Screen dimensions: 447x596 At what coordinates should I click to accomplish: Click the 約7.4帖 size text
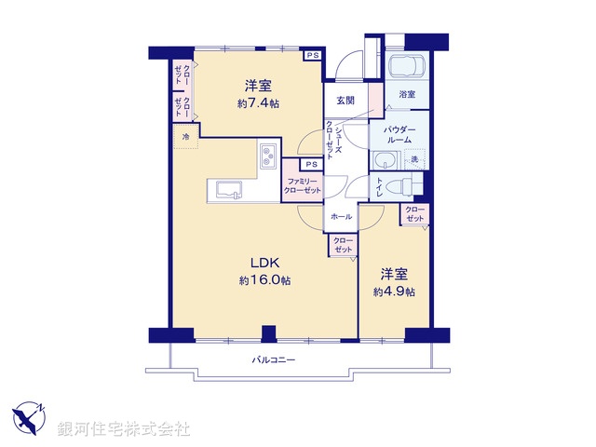(258, 103)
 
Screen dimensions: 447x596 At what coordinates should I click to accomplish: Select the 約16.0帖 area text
(264, 279)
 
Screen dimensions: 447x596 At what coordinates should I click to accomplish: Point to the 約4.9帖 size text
(394, 291)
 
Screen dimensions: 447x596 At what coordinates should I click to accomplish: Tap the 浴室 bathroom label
(407, 95)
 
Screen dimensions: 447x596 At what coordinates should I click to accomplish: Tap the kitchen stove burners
(267, 154)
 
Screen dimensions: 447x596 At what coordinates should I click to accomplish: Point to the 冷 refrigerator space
(185, 138)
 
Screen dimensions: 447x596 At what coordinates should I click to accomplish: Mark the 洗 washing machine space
(414, 160)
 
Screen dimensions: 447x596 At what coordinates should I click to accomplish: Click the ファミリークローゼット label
(304, 184)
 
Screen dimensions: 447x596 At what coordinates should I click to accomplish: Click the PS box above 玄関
(313, 56)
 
